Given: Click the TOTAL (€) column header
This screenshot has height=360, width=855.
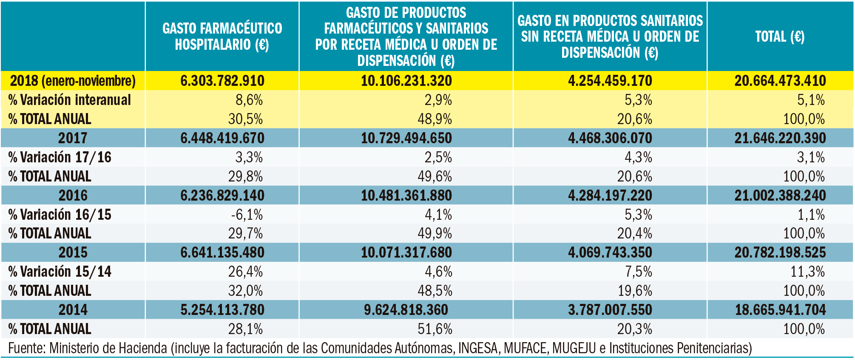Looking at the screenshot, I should click(780, 37).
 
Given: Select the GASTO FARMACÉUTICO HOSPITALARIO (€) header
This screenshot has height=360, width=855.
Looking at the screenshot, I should click(222, 37).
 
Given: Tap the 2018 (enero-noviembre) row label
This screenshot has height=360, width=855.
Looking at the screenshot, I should click(73, 81).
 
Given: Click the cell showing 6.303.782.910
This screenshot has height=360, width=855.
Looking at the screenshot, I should click(222, 81).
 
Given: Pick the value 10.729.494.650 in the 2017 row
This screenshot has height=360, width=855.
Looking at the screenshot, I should click(406, 138).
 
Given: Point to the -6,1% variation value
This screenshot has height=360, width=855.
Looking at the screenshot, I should click(247, 215).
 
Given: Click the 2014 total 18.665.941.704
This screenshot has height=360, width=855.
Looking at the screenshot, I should click(780, 310).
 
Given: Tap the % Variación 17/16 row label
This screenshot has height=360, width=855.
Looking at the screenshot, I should click(60, 157).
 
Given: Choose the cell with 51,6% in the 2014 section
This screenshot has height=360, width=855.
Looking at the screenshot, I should click(435, 329).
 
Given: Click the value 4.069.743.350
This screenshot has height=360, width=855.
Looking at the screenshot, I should click(610, 252).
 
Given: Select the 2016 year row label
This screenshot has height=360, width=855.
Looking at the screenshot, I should click(73, 196).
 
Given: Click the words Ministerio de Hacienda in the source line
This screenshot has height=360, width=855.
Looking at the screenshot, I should click(108, 348).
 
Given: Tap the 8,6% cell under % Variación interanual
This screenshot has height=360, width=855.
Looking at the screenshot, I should click(249, 100).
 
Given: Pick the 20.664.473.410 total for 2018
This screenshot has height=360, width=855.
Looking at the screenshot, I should click(780, 81).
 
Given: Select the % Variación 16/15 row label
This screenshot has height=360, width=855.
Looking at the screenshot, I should click(60, 215).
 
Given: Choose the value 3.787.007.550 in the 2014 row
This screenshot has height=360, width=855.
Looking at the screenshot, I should click(610, 310).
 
